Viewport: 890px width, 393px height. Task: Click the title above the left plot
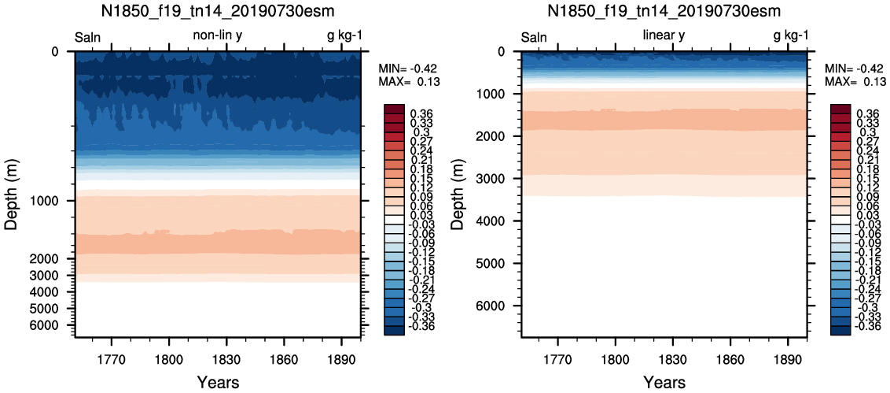(x=218, y=11)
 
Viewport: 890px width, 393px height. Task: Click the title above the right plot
(x=664, y=11)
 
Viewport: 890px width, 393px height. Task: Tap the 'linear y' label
(x=664, y=36)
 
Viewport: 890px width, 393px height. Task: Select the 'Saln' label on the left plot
(x=88, y=38)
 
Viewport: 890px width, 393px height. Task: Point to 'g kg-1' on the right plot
(x=791, y=37)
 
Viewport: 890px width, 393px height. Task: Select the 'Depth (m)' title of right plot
(x=458, y=194)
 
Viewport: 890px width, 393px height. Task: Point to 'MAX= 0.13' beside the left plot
(x=409, y=82)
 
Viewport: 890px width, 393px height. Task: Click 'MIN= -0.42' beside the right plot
(x=855, y=68)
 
